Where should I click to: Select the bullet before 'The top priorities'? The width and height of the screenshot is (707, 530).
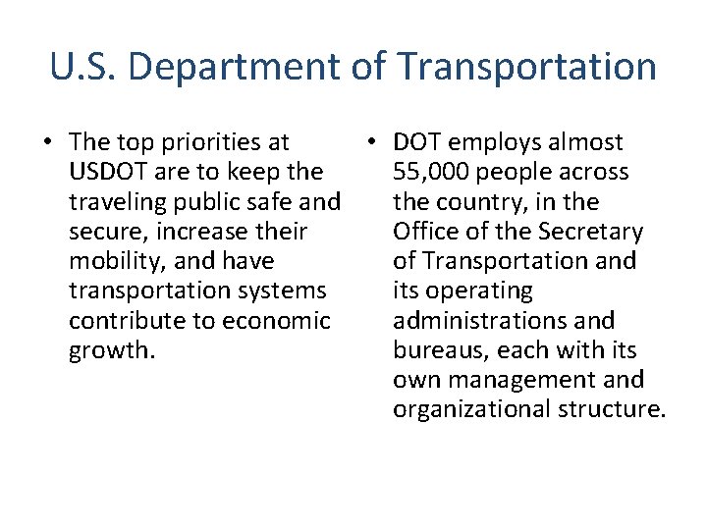click(47, 143)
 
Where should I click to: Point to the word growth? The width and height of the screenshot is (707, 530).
click(110, 350)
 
